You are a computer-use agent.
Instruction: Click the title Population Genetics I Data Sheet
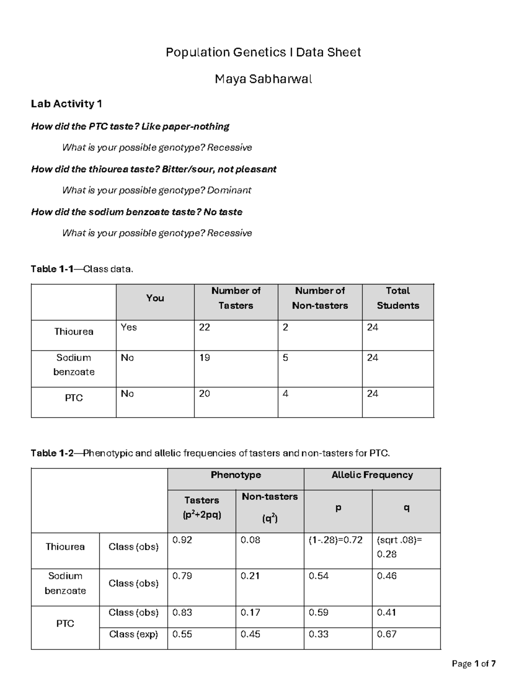[263, 53]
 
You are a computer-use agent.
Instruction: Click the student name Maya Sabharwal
[263, 79]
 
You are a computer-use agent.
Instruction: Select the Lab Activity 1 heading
[66, 104]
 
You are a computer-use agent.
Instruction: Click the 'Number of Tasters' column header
[236, 298]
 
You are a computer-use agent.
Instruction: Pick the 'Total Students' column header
[397, 298]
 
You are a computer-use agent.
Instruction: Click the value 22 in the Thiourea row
[205, 328]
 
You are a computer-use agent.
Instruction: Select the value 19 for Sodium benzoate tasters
[205, 358]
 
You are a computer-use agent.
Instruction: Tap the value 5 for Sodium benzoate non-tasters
[285, 358]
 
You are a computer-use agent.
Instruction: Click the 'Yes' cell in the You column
[129, 328]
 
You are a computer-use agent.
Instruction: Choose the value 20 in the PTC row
[205, 394]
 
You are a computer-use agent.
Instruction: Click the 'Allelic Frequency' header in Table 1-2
[372, 475]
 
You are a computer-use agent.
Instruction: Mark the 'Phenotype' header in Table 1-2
[236, 475]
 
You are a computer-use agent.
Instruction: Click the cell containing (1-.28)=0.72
[336, 540]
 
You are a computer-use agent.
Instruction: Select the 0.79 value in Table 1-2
[182, 576]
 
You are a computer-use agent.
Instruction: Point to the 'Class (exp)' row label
[134, 635]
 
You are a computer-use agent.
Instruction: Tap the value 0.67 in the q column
[387, 635]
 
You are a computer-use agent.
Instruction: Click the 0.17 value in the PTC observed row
[250, 613]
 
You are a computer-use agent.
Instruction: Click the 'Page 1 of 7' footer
[474, 664]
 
